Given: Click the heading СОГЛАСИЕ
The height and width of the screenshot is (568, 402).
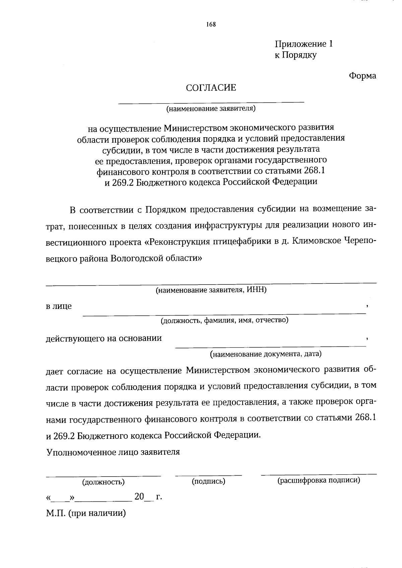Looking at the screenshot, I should point(211,88).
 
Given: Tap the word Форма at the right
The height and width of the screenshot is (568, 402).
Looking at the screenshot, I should point(362,76).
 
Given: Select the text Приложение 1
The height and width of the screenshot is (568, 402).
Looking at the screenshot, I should point(304,44).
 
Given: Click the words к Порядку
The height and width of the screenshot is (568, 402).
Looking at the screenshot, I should point(295,55).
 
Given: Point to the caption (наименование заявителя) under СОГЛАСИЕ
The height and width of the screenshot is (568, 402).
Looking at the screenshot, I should point(211,108).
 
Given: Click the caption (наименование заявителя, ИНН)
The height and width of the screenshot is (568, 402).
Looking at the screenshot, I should point(211,290).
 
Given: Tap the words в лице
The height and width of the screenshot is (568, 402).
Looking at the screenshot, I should point(59,306).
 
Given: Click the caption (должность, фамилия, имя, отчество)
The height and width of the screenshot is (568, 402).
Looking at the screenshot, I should point(224,320).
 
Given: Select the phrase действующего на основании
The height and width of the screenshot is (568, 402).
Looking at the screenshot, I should point(104,338).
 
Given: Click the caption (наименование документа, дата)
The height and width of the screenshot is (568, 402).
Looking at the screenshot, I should point(266,354).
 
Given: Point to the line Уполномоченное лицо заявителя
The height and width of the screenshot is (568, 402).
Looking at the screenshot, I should point(113,452).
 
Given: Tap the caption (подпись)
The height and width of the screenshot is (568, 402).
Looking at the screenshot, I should point(208,481).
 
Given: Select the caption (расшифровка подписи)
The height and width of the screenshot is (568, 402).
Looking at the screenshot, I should point(319,481).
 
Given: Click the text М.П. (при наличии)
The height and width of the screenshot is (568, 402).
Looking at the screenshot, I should point(86,513).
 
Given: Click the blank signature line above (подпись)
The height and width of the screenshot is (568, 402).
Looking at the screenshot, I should point(208,475).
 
